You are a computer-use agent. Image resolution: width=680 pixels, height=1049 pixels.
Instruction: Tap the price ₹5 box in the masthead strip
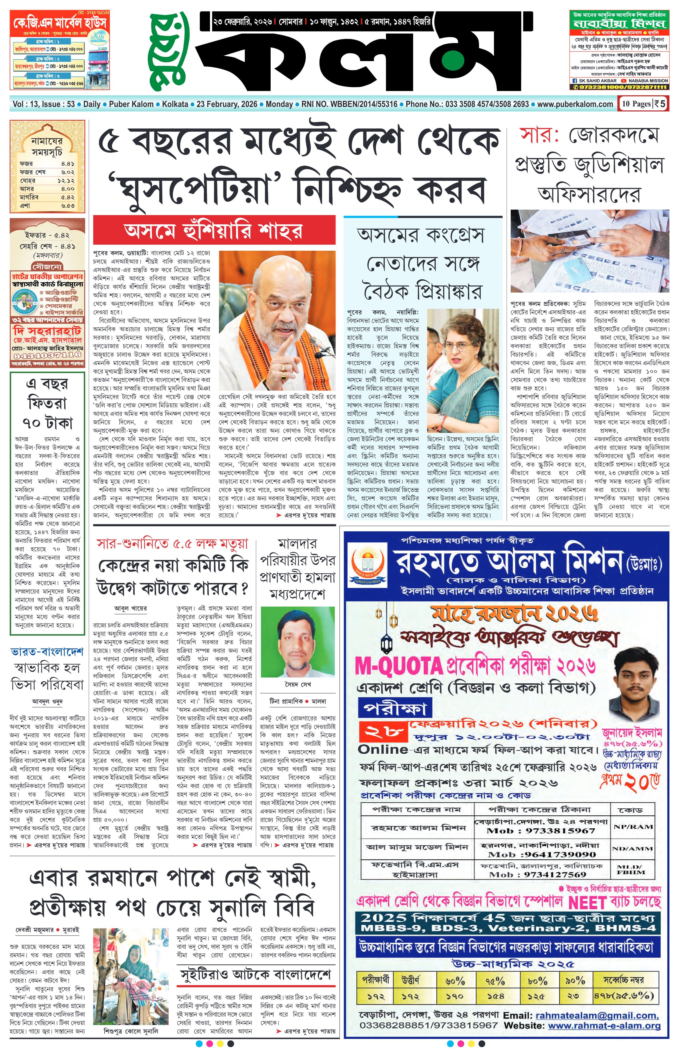[x=660, y=104]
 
